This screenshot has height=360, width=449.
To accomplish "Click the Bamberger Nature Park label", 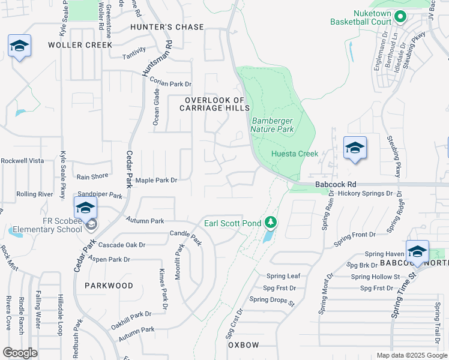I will (273, 124).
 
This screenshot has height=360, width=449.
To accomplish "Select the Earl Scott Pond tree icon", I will (271, 223).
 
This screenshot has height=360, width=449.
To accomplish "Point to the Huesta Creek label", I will (295, 154).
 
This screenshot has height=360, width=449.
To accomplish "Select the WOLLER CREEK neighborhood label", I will (80, 45).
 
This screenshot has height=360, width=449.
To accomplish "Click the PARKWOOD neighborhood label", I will (109, 286).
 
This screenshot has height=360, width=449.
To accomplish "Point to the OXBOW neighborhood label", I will (243, 346).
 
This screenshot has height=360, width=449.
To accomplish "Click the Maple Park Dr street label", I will (157, 180).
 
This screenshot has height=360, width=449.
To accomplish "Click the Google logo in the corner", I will (20, 353).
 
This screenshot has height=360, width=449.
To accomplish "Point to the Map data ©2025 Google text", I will (411, 355).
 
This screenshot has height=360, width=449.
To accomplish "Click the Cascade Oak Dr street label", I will (122, 245).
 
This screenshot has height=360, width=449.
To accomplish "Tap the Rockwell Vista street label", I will (22, 161).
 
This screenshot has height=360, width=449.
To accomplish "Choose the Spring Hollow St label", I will (375, 277).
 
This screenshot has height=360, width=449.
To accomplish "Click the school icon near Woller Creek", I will (19, 46).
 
